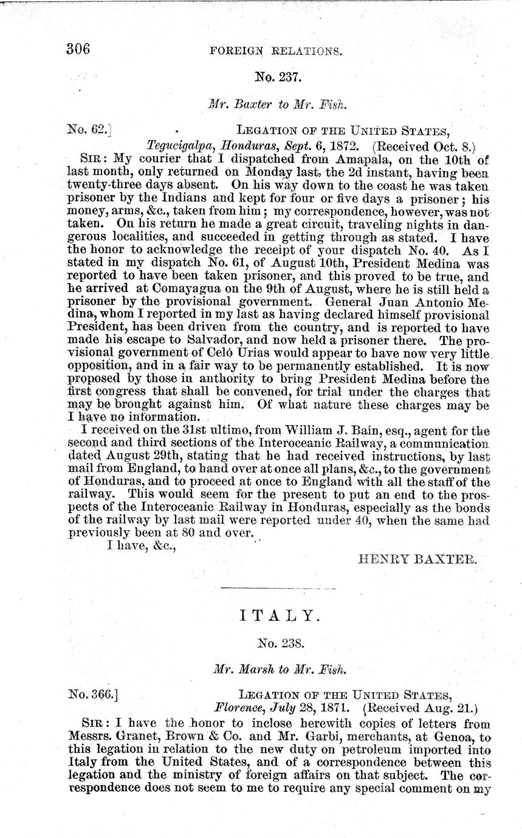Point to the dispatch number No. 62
[x=89, y=129]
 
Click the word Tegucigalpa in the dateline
[x=182, y=146]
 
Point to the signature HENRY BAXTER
[x=419, y=560]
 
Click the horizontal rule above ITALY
[x=278, y=588]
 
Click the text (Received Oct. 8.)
[x=423, y=146]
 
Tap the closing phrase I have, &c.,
[x=142, y=545]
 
